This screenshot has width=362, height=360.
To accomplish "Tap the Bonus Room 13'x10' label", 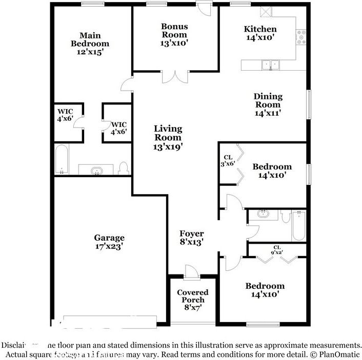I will [174, 35].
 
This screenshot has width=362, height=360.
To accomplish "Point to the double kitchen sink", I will [270, 65].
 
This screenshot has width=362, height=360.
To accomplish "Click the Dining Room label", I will [268, 104].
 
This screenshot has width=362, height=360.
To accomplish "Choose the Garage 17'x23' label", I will [109, 242].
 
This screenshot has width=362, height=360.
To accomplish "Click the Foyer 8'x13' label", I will [191, 238].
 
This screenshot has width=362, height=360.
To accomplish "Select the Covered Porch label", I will [193, 300].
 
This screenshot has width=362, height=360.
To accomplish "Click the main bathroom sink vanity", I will [96, 170].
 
